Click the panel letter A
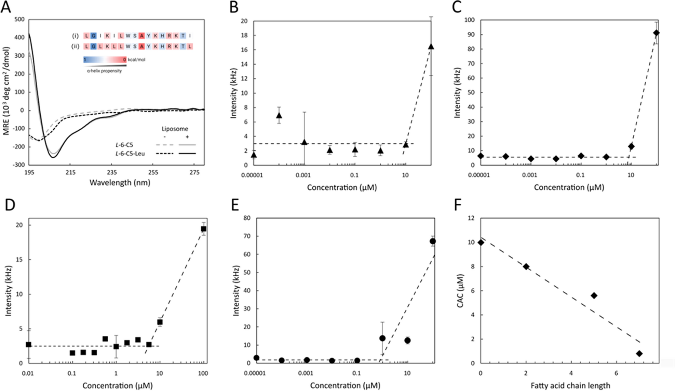point(5,6)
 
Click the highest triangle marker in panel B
point(431,46)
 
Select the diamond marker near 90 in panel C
point(656,33)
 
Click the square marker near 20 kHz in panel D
point(204,229)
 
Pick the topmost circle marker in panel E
point(433,241)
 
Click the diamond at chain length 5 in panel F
point(594,295)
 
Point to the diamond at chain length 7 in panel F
point(639,354)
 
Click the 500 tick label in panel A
point(19,19)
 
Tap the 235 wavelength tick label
point(112,172)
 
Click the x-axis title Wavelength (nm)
point(120,183)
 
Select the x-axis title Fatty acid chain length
point(570,386)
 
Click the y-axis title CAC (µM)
point(460,290)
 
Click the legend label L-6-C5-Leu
point(130,154)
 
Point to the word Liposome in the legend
point(175,129)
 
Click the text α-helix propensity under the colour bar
point(104,71)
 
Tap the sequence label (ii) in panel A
point(75,46)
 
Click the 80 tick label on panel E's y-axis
point(246,218)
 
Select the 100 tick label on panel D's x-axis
point(203,373)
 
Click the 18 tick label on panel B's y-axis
point(243,35)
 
